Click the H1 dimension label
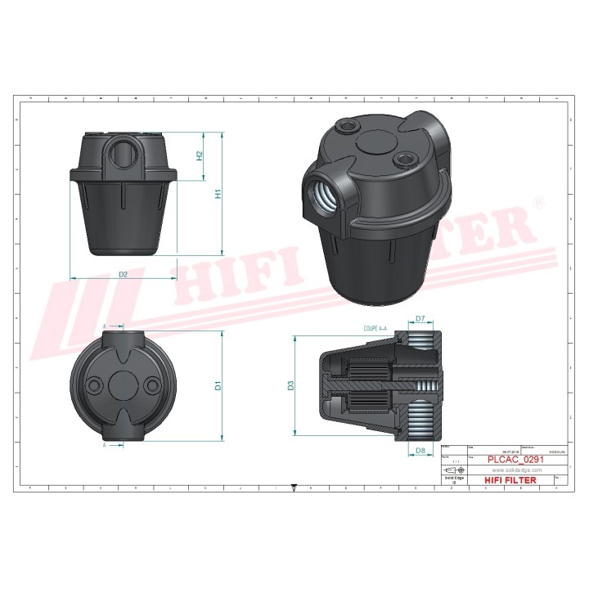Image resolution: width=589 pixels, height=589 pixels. [x=218, y=194]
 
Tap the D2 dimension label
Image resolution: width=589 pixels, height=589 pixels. [x=123, y=274]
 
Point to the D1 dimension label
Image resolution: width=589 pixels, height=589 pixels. [x=218, y=384]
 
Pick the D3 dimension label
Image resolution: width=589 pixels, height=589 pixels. [x=290, y=384]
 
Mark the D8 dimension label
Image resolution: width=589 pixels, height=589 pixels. [x=420, y=451]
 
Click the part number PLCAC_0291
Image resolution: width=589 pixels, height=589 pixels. [x=510, y=460]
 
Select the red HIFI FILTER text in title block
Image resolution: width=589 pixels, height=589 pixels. [x=510, y=480]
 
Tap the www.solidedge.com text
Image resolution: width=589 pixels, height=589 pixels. [x=510, y=470]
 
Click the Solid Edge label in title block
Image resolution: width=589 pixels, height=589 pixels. [x=453, y=479]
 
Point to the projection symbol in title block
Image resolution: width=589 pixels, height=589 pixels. [x=453, y=470]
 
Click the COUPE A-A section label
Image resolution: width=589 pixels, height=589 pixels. [x=378, y=327]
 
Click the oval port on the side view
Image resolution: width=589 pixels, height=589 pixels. [x=122, y=152]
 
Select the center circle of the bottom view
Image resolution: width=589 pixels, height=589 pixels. [x=123, y=385]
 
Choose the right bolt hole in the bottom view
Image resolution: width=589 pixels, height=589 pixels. [x=152, y=385]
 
